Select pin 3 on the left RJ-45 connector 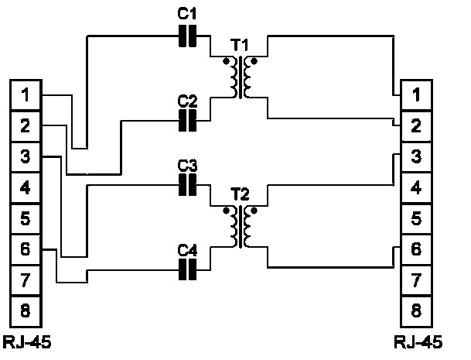pos(26,156)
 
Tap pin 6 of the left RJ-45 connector pos(26,249)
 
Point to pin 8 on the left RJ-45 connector pos(26,311)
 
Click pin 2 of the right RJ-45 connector pos(416,125)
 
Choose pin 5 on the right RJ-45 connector pos(416,218)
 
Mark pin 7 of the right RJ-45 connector pos(416,280)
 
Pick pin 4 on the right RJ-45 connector pos(416,187)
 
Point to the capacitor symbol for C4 pos(188,268)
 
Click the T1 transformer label pos(241,44)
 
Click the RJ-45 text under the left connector pos(26,341)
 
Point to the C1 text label pos(188,15)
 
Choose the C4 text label pos(188,249)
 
